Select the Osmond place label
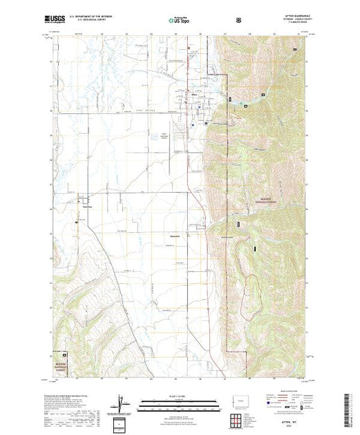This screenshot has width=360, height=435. coord(175,235)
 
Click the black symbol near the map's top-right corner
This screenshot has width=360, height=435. coord(296,49)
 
